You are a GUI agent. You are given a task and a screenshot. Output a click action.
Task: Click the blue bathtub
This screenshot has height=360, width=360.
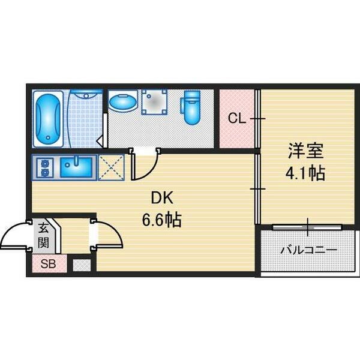coord(48,119)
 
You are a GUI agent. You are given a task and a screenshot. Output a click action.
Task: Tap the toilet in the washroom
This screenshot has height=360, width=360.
coord(191,107)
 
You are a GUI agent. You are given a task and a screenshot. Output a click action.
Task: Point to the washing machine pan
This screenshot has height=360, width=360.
coord(154,102)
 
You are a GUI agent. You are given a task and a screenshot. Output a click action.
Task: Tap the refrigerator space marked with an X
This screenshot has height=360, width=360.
coord(112,167)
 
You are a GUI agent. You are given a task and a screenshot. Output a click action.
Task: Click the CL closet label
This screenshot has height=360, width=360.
coord(237,118)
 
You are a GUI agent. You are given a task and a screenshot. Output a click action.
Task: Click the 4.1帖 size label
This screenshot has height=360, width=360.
coord(305,173)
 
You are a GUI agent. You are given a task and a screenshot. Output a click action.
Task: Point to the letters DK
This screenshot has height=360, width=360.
coord(162,197)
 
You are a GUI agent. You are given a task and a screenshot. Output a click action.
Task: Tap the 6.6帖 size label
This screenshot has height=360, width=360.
coord(162,220)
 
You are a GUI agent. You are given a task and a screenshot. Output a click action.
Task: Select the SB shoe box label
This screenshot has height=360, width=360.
coord(48,264)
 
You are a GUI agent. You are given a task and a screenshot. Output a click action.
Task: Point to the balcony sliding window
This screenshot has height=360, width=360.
coord(307,227)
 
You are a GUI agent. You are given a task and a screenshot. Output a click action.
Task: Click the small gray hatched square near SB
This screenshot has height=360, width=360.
coord(82,265)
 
